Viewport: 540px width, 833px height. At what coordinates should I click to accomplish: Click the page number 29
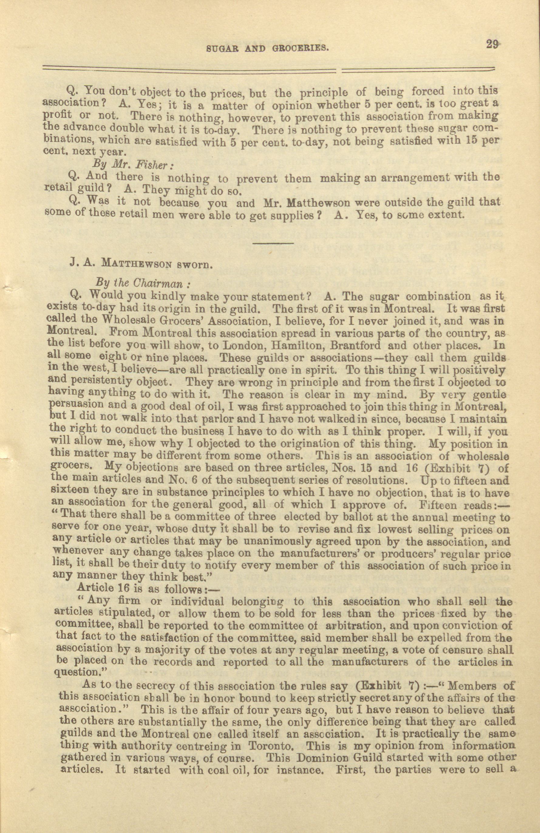tap(493, 46)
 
